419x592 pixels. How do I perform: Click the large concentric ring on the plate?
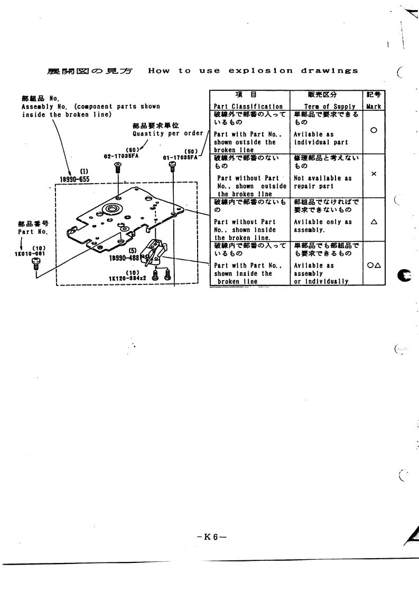111,209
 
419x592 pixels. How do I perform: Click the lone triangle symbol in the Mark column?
374,223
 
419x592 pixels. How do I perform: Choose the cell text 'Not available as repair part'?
323,182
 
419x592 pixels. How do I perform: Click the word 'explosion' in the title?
254,71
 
